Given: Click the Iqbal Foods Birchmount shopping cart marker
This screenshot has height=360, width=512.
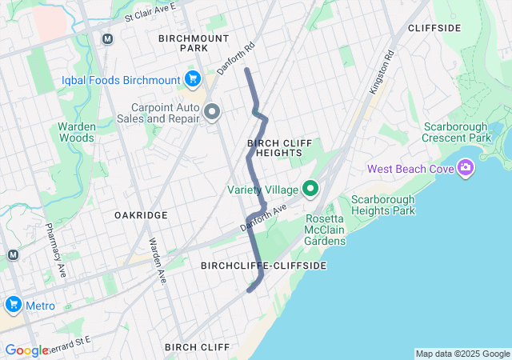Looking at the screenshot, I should [x=192, y=78].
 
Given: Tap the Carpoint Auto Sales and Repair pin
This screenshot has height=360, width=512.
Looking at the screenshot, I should [x=212, y=112].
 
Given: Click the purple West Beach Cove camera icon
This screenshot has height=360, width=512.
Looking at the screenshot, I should [x=465, y=168].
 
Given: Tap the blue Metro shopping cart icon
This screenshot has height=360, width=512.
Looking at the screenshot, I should [x=13, y=306].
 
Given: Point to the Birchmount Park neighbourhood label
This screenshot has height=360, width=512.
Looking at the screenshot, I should [x=194, y=43].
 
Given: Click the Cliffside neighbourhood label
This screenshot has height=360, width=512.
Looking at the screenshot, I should [x=434, y=28].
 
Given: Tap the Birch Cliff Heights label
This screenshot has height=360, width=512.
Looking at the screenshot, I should [x=274, y=147].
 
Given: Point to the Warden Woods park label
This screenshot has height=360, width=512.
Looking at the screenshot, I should [x=76, y=132].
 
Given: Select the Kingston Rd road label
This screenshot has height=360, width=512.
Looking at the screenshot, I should [x=382, y=74].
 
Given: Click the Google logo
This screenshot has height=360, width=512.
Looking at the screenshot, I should [x=26, y=350].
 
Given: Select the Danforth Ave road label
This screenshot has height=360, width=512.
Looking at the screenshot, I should [x=263, y=218].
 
